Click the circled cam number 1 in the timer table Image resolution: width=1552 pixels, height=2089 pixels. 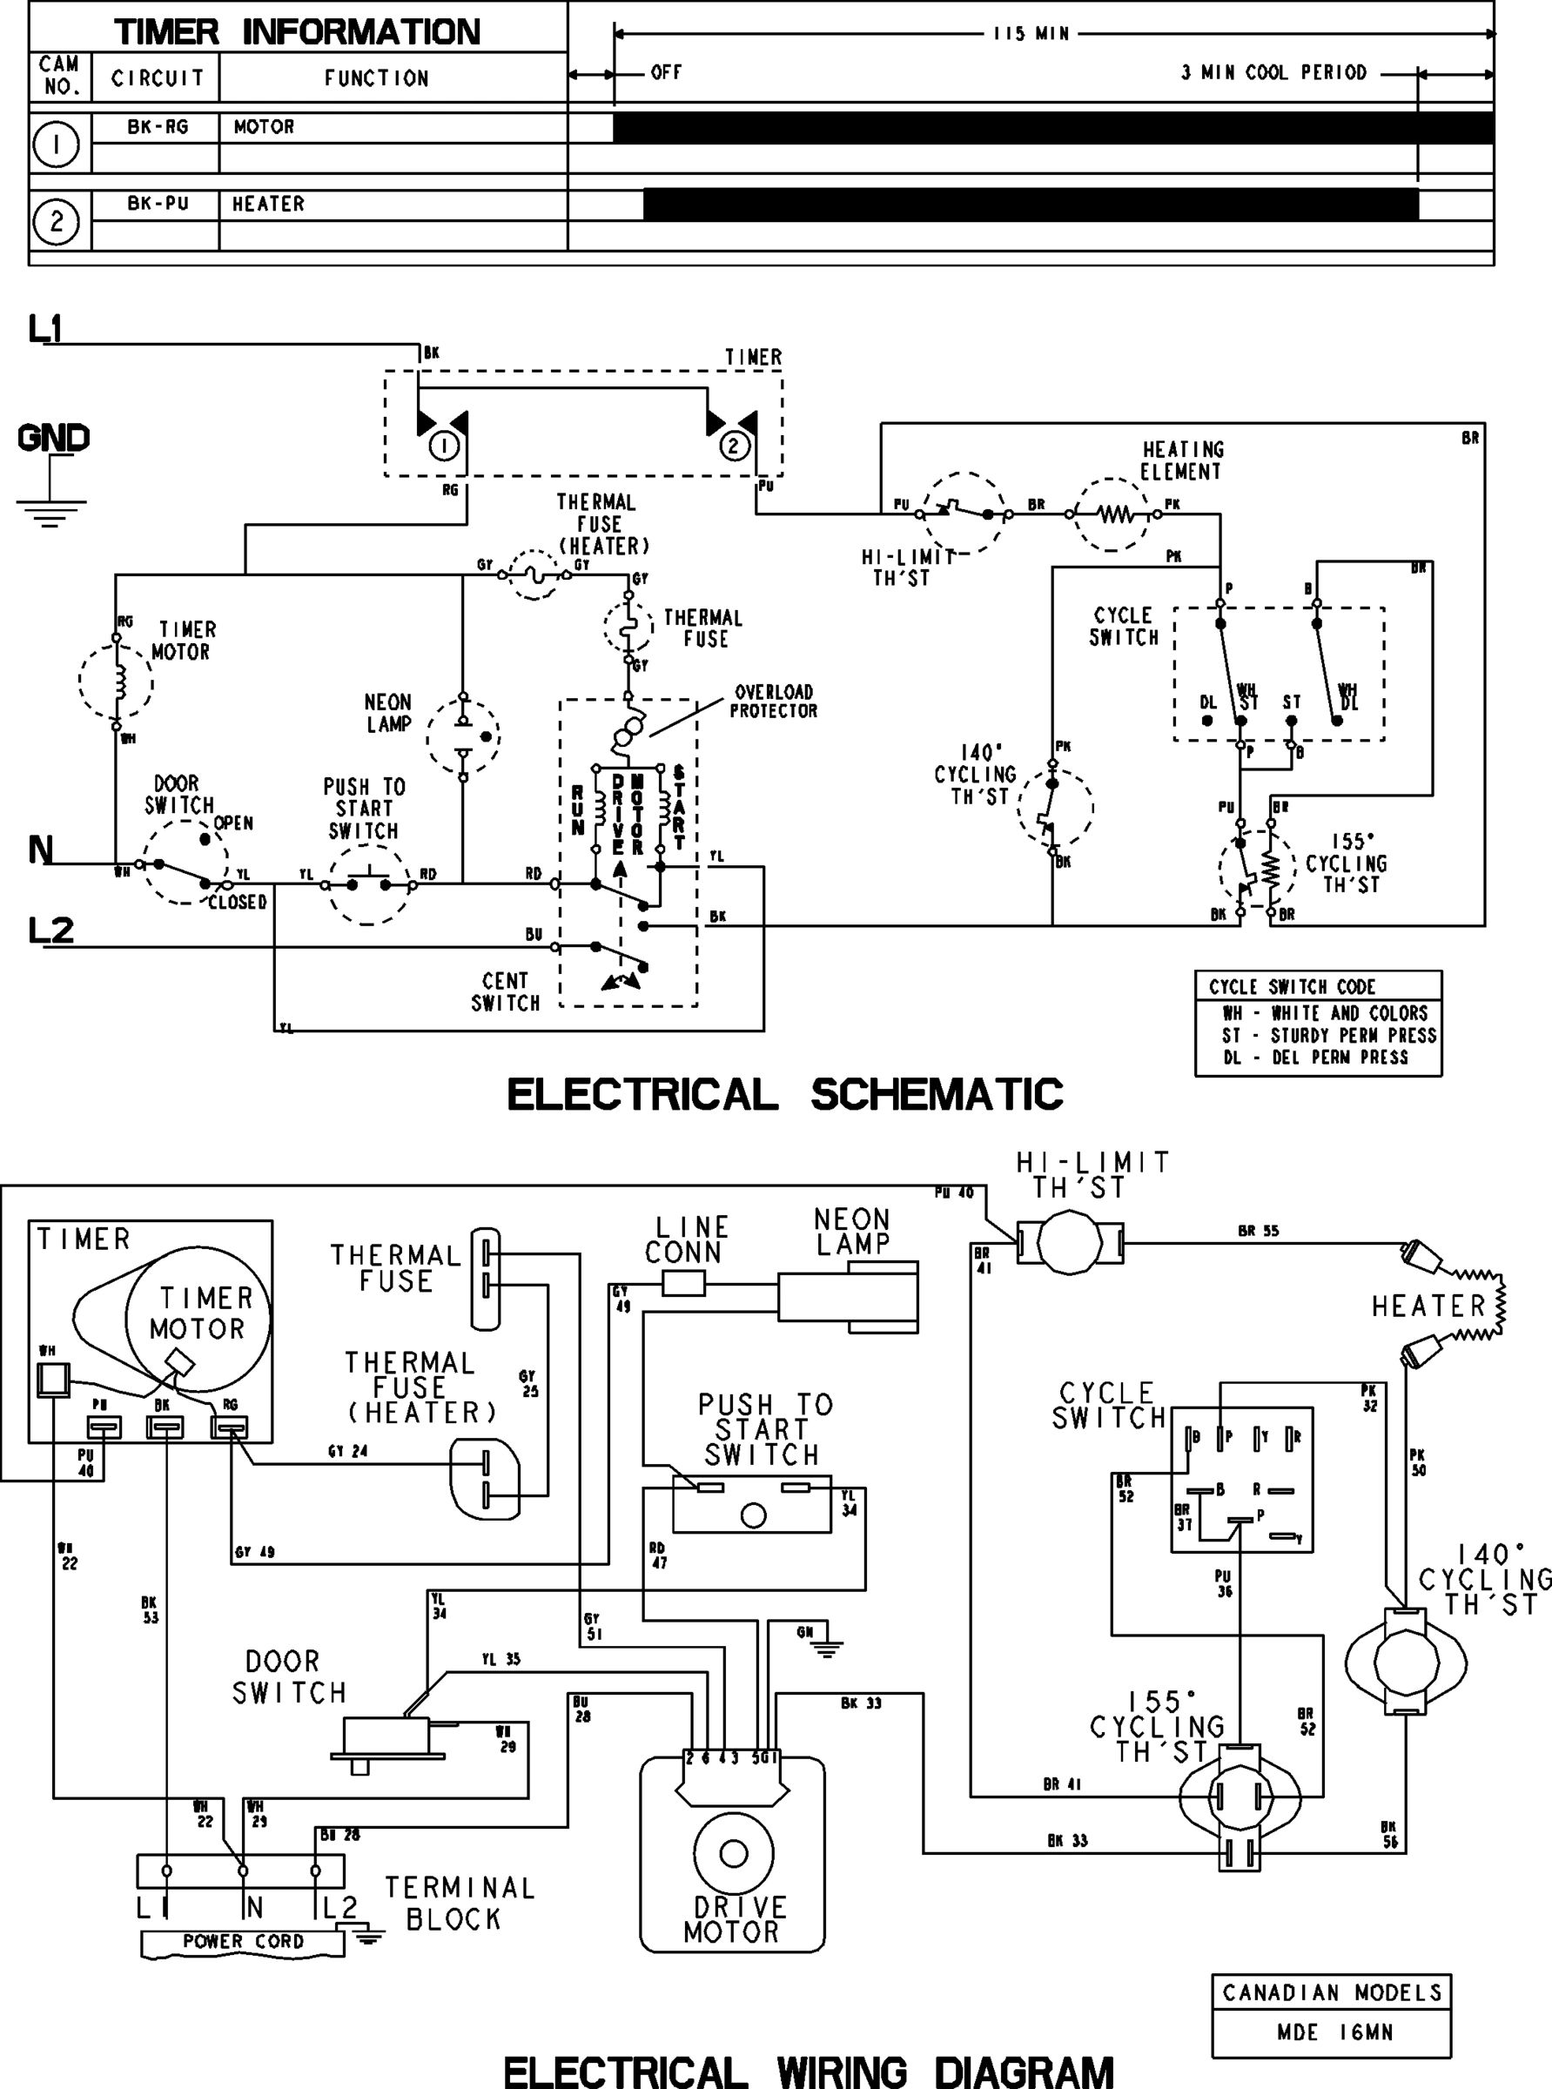tap(57, 144)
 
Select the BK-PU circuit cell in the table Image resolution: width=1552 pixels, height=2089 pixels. tap(157, 204)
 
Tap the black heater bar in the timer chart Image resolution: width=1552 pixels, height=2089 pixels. tap(1030, 205)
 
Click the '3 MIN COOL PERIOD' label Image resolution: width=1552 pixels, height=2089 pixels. tap(1273, 73)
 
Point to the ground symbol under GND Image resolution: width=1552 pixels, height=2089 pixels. tap(50, 512)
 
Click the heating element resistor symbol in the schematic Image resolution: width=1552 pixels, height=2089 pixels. tap(1114, 514)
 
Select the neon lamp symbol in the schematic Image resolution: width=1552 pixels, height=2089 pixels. tap(463, 736)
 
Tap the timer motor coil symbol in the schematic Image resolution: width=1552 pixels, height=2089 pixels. tap(118, 680)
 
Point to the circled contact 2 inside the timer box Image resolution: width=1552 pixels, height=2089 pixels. tap(734, 446)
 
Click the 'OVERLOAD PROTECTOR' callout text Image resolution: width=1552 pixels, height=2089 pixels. tap(773, 702)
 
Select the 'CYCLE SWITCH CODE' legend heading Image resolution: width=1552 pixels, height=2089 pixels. tap(1292, 986)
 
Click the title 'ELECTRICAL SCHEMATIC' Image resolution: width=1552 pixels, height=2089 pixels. tap(784, 1095)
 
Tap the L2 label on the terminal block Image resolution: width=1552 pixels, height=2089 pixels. tap(340, 1907)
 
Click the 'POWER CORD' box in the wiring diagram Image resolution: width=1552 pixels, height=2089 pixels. tap(244, 1942)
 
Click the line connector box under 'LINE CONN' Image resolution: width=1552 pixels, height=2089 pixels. tap(683, 1283)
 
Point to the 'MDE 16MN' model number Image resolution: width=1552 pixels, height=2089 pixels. tap(1334, 2032)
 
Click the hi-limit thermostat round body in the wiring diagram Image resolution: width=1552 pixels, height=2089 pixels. tap(1071, 1243)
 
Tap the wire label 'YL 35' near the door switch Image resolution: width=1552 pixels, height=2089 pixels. tap(501, 1660)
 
